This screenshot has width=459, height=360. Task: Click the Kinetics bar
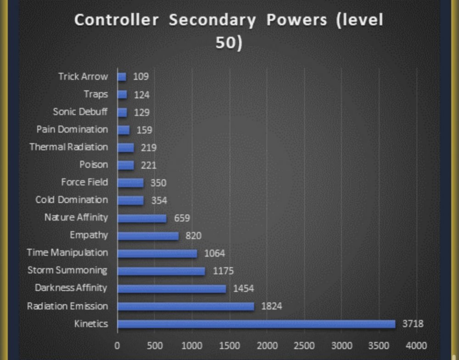click(x=256, y=324)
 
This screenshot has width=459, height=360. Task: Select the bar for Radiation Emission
click(x=185, y=306)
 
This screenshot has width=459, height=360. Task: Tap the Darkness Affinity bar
click(x=172, y=288)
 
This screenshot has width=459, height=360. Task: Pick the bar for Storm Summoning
click(x=161, y=271)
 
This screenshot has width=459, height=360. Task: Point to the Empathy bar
click(x=148, y=236)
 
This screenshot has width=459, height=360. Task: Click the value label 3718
click(x=413, y=324)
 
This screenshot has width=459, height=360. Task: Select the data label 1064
click(x=215, y=253)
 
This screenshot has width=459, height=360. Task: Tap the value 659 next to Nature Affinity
click(x=182, y=218)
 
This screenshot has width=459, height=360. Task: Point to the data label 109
click(x=141, y=77)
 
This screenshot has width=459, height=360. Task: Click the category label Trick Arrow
click(x=83, y=77)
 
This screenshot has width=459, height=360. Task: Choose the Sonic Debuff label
click(x=80, y=112)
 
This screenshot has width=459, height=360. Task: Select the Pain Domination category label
click(x=73, y=129)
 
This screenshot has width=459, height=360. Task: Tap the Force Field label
click(x=84, y=182)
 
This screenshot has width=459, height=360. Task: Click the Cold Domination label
click(x=72, y=200)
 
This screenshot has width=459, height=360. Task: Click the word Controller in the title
click(x=117, y=20)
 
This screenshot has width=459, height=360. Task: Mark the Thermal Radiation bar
click(x=126, y=147)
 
